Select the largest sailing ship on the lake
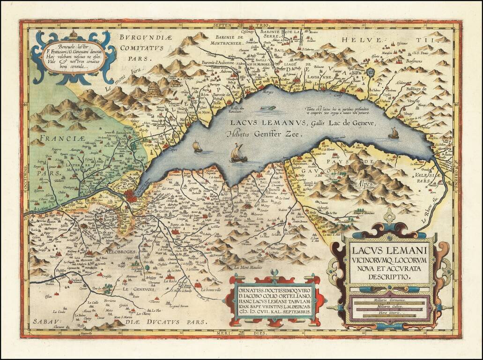[238, 153]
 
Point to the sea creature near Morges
[268, 108]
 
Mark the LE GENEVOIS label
[139, 290]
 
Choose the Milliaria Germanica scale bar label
[389, 299]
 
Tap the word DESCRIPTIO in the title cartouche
[388, 277]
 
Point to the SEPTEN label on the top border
[223, 24]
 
